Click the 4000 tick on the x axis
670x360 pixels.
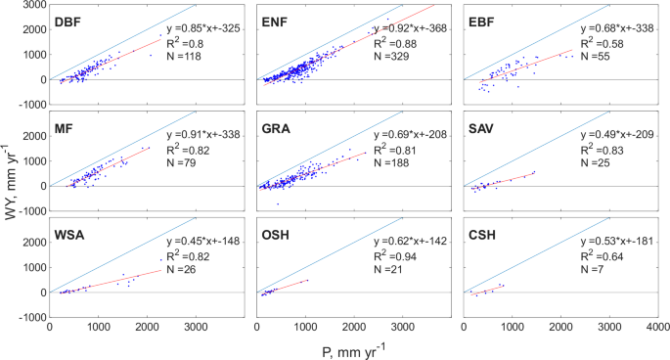tap(657, 326)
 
